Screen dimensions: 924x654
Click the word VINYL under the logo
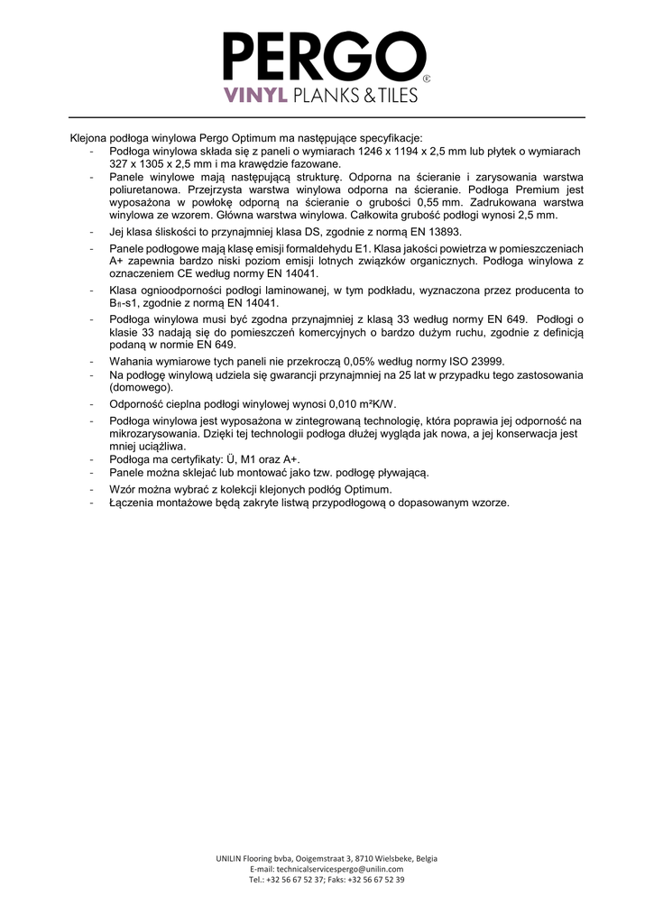pyautogui.click(x=254, y=95)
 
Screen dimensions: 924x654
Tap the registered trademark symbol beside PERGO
pyautogui.click(x=427, y=79)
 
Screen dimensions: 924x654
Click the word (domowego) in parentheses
pyautogui.click(x=141, y=386)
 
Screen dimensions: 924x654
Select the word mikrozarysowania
pyautogui.click(x=149, y=433)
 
